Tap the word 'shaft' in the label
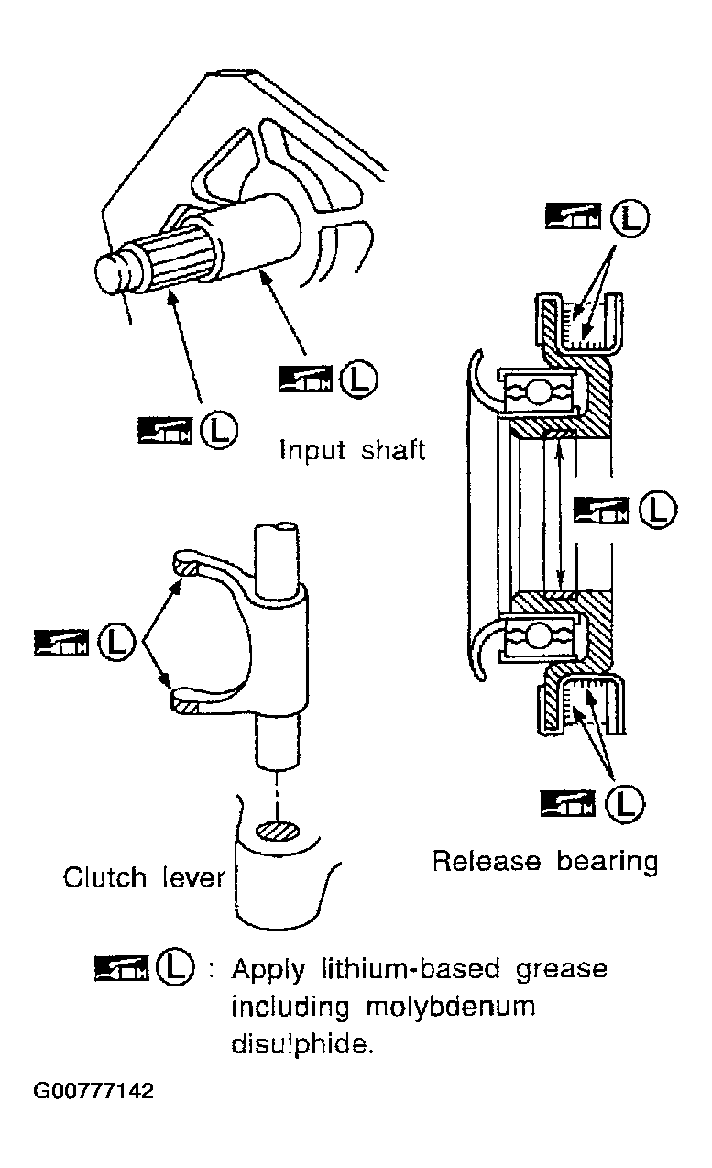pyautogui.click(x=393, y=449)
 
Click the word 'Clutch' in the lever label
pyautogui.click(x=104, y=877)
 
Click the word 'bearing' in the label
pyautogui.click(x=608, y=862)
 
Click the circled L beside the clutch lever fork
pyautogui.click(x=117, y=642)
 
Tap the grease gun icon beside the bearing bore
pyautogui.click(x=601, y=510)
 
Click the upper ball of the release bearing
pyautogui.click(x=536, y=392)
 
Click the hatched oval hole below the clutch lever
pyautogui.click(x=279, y=830)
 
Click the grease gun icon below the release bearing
pyautogui.click(x=567, y=804)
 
